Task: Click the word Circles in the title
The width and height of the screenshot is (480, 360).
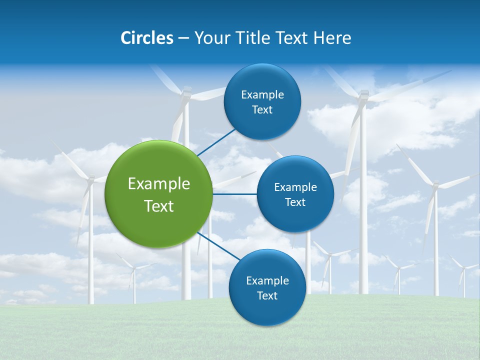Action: [x=147, y=38]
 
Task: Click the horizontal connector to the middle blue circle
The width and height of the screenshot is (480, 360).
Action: [x=234, y=194]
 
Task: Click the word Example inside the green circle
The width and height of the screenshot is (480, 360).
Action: [x=158, y=183]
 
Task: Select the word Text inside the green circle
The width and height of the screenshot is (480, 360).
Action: [x=158, y=206]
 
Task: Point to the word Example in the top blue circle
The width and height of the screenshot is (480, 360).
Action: [x=262, y=94]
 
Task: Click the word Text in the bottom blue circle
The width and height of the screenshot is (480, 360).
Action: [x=267, y=295]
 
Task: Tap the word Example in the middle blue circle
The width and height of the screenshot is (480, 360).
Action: [x=295, y=187]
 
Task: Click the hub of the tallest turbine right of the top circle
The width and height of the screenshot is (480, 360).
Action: [x=363, y=94]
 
